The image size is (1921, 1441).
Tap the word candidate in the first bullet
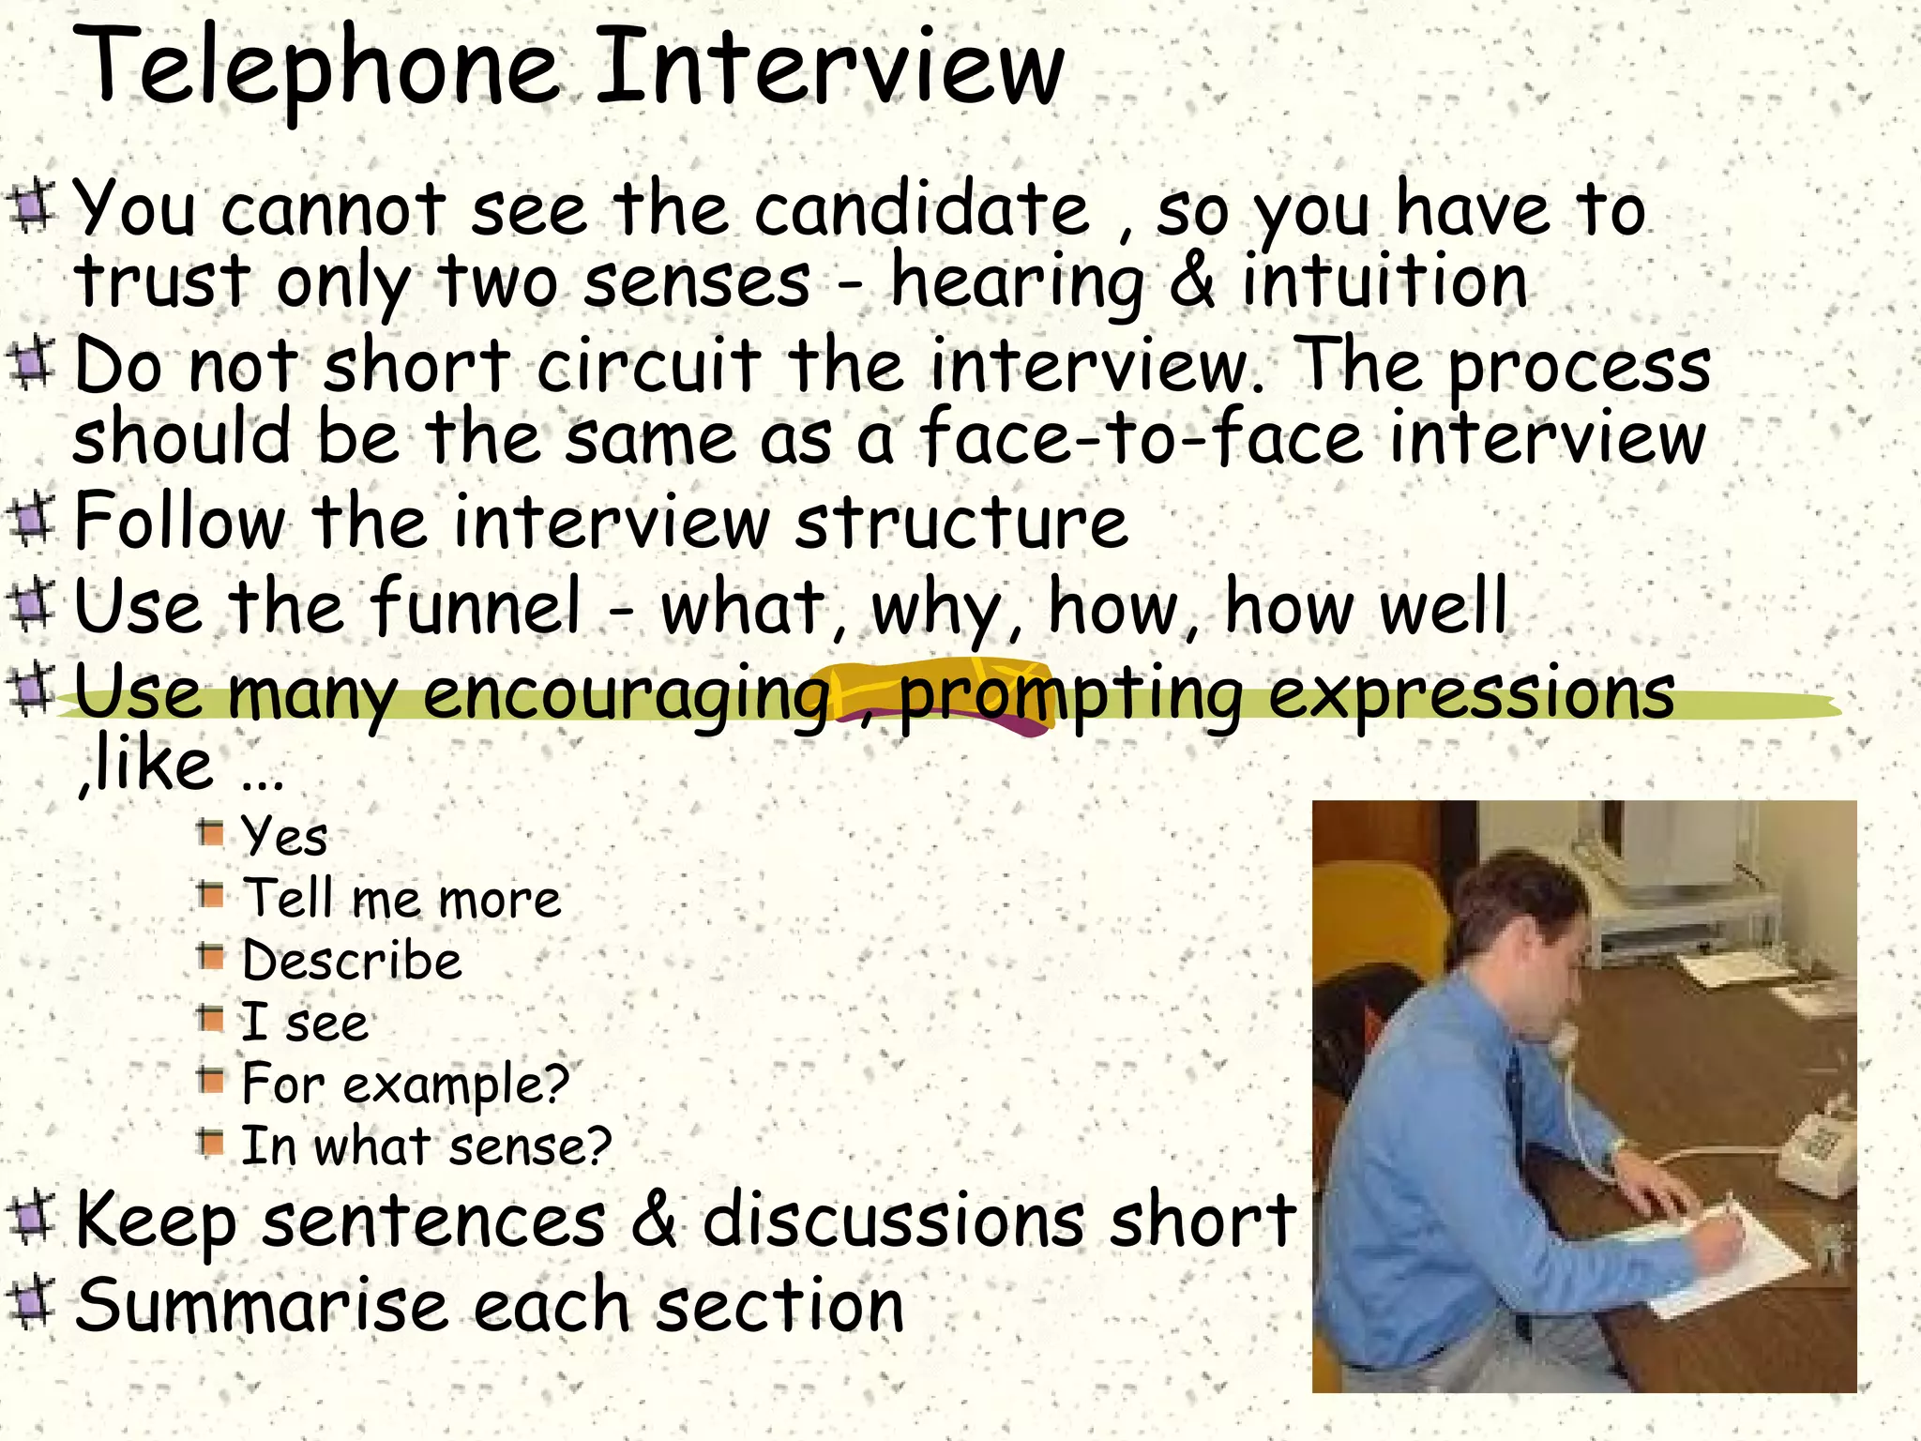pos(921,210)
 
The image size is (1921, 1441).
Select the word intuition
pos(1384,281)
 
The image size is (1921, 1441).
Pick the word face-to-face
pos(1141,438)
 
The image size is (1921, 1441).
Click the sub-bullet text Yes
pos(284,835)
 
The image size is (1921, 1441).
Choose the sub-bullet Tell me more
pos(401,899)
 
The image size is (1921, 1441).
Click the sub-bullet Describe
pos(352,961)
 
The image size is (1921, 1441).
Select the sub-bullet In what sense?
pos(426,1146)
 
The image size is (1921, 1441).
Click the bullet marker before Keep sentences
pos(32,1218)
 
